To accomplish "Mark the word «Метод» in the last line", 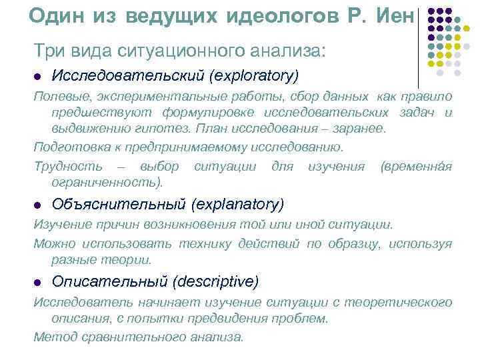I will click(52, 337).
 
